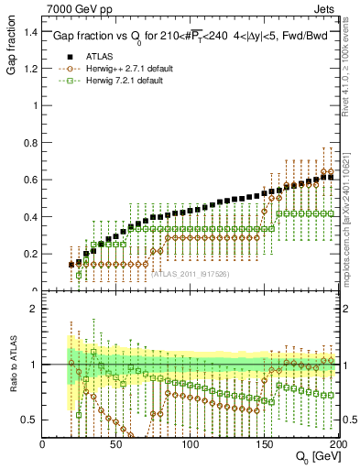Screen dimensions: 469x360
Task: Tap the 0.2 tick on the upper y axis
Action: pyautogui.click(x=28, y=254)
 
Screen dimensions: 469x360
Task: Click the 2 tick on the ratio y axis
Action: pyautogui.click(x=33, y=310)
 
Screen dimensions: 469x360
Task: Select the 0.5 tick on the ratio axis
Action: pyautogui.click(x=28, y=420)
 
